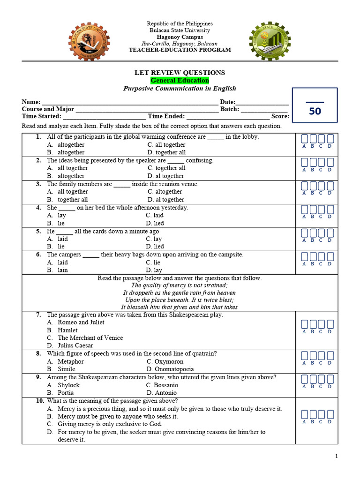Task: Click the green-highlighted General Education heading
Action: pyautogui.click(x=180, y=81)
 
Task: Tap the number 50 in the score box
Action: pyautogui.click(x=315, y=112)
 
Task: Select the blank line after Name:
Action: pyautogui.click(x=130, y=102)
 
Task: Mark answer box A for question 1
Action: pyautogui.click(x=304, y=139)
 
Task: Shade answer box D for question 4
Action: pyautogui.click(x=330, y=210)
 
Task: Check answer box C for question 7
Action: pyautogui.click(x=322, y=324)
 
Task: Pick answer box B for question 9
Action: pyautogui.click(x=313, y=379)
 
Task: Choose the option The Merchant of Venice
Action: pyautogui.click(x=90, y=338)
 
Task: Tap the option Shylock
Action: pyautogui.click(x=68, y=385)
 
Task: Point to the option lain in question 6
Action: pyautogui.click(x=63, y=270)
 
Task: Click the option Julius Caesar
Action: pyautogui.click(x=75, y=346)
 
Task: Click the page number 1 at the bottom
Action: pyautogui.click(x=336, y=457)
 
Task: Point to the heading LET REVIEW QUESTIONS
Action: pyautogui.click(x=180, y=73)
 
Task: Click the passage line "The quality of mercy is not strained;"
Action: pyautogui.click(x=179, y=285)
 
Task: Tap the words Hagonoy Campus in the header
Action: pyautogui.click(x=180, y=37)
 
